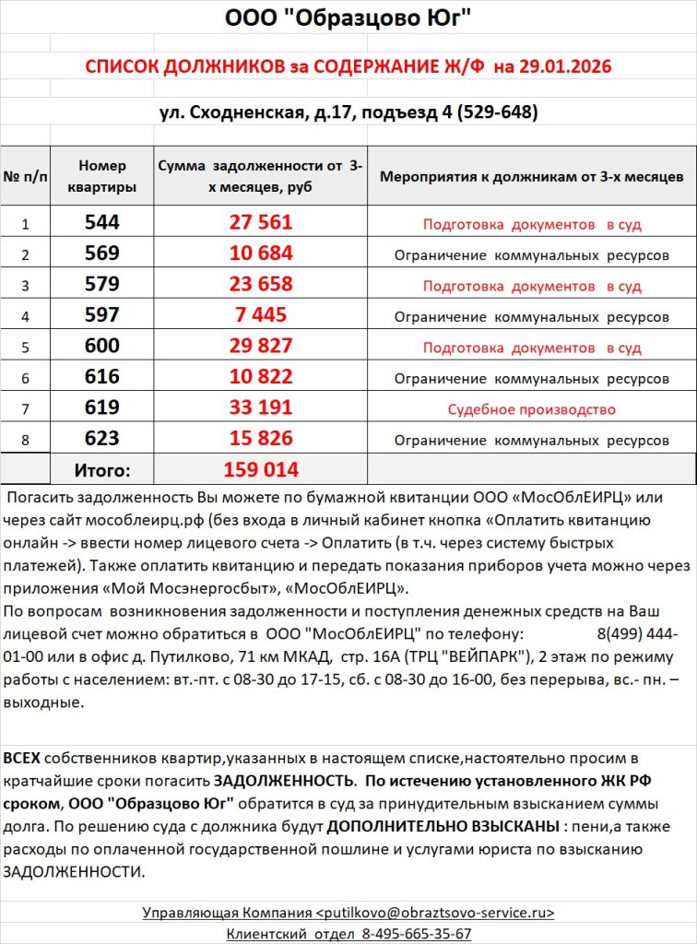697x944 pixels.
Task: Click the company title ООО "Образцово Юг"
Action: pyautogui.click(x=348, y=18)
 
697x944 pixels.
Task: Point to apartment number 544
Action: pyautogui.click(x=101, y=222)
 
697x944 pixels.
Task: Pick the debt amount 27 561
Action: pyautogui.click(x=260, y=222)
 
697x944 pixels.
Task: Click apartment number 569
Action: pyautogui.click(x=101, y=254)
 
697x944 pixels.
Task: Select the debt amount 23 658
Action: pyautogui.click(x=260, y=284)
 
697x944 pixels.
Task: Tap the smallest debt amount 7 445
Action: pyautogui.click(x=260, y=315)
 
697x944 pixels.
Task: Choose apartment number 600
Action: pyautogui.click(x=101, y=346)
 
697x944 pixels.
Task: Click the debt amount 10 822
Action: pyautogui.click(x=260, y=377)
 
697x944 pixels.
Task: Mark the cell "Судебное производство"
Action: pyautogui.click(x=532, y=408)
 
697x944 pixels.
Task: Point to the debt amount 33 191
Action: pyautogui.click(x=260, y=407)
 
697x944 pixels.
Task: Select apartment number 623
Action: pyautogui.click(x=101, y=439)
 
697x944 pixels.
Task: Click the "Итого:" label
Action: pyautogui.click(x=101, y=470)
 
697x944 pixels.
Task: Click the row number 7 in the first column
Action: pyautogui.click(x=25, y=408)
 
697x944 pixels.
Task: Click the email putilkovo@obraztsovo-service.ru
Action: pyautogui.click(x=435, y=913)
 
